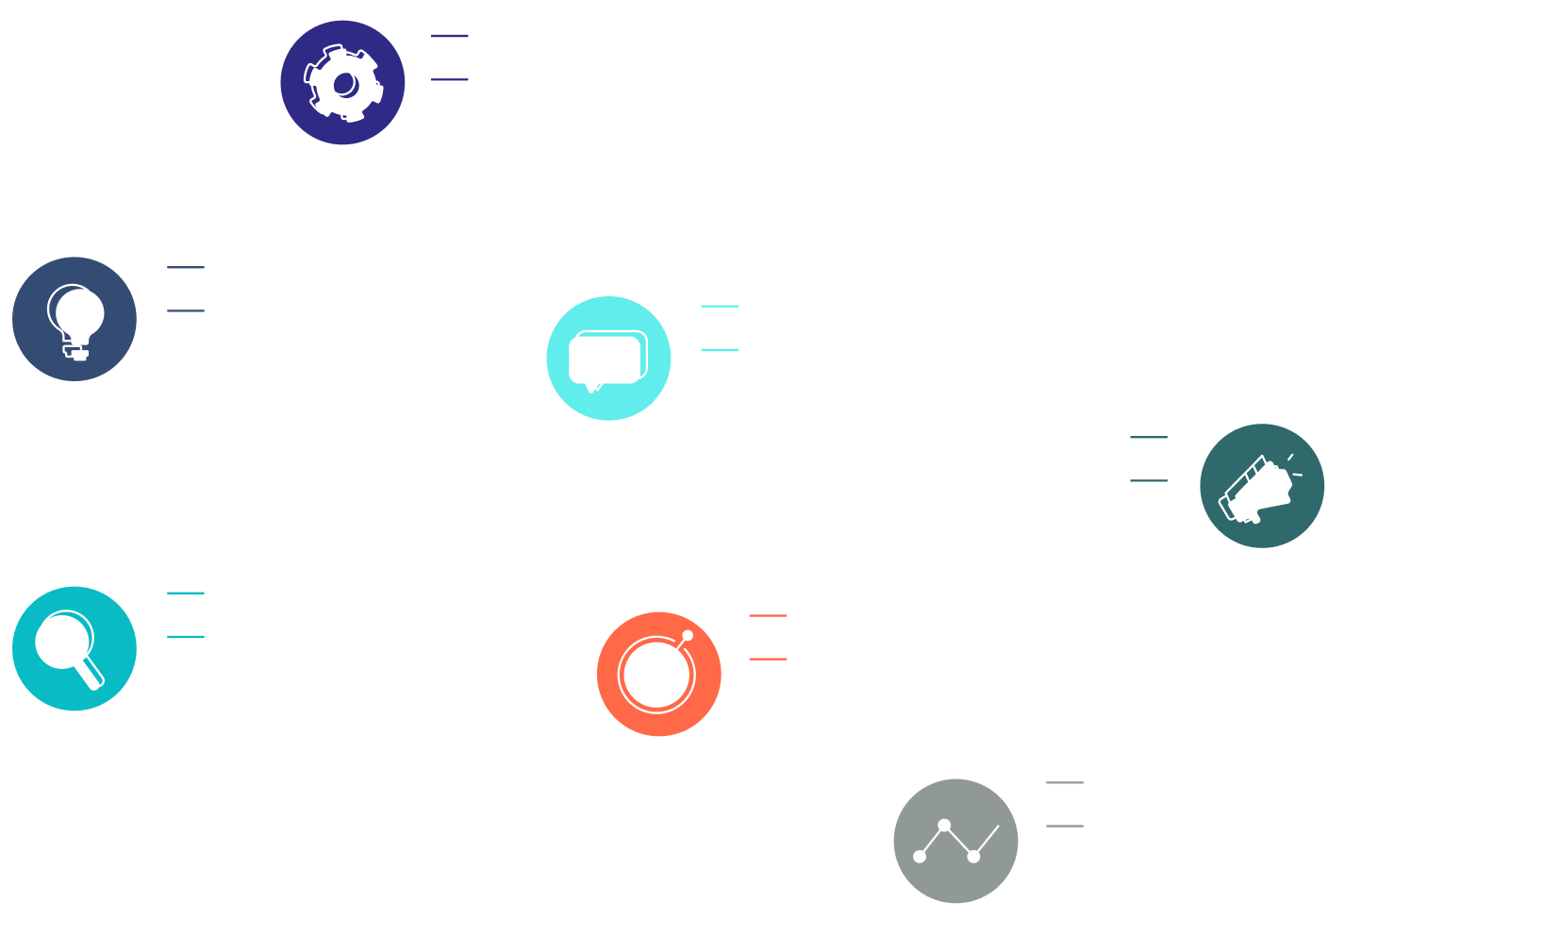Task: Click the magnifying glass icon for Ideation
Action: [x=75, y=649]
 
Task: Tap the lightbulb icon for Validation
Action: [x=75, y=319]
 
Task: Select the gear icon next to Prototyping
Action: [x=342, y=83]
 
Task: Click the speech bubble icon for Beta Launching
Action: [x=608, y=359]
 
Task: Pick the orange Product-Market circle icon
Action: [x=659, y=674]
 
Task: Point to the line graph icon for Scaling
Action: [x=955, y=842]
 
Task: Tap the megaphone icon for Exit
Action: [x=1261, y=486]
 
